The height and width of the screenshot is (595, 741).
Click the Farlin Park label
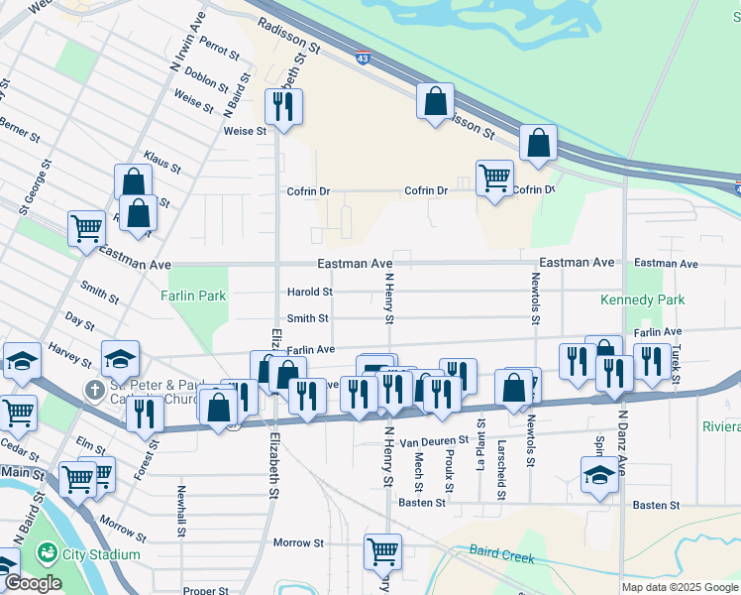pos(195,296)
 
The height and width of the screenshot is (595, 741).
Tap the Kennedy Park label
pos(642,299)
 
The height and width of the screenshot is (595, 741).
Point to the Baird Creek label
pos(501,555)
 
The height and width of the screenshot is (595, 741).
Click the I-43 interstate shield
pos(363,59)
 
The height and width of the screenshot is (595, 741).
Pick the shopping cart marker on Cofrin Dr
pos(493,178)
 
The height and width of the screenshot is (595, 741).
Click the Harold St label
pos(309,292)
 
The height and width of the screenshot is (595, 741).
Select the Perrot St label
pos(220,47)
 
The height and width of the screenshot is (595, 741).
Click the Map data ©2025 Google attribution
pos(680,587)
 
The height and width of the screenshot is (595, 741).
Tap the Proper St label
pos(206,590)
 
